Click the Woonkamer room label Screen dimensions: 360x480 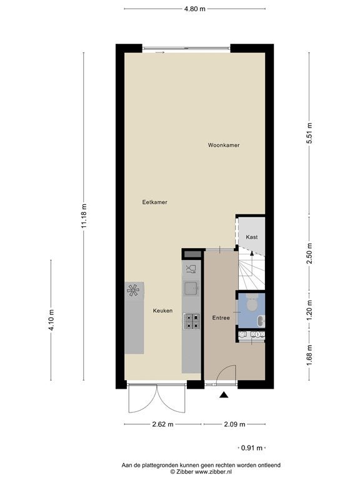pyautogui.click(x=224, y=145)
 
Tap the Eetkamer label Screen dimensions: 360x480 pyautogui.click(x=154, y=202)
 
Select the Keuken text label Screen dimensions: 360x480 pyautogui.click(x=163, y=311)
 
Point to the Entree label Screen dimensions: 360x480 pyautogui.click(x=221, y=317)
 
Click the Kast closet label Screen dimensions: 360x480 pyautogui.click(x=252, y=237)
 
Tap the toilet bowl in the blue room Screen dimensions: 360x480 pyautogui.click(x=252, y=302)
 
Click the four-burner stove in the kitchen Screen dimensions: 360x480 pyautogui.click(x=192, y=322)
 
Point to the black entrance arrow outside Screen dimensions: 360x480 pyautogui.click(x=224, y=395)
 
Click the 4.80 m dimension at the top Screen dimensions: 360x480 pyautogui.click(x=195, y=9)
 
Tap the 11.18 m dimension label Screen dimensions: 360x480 pyautogui.click(x=84, y=216)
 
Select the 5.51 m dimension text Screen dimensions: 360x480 pyautogui.click(x=309, y=133)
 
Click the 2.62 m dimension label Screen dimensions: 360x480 pyautogui.click(x=163, y=424)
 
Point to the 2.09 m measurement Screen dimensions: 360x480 pyautogui.click(x=234, y=424)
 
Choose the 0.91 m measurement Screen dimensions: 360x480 pyautogui.click(x=252, y=448)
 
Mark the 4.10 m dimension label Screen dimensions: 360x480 pyautogui.click(x=51, y=320)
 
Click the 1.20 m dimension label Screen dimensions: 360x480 pyautogui.click(x=309, y=310)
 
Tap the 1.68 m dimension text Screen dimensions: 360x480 pyautogui.click(x=309, y=355)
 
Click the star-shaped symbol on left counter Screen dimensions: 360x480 pyautogui.click(x=133, y=290)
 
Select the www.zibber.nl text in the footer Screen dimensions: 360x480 pyautogui.click(x=213, y=472)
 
